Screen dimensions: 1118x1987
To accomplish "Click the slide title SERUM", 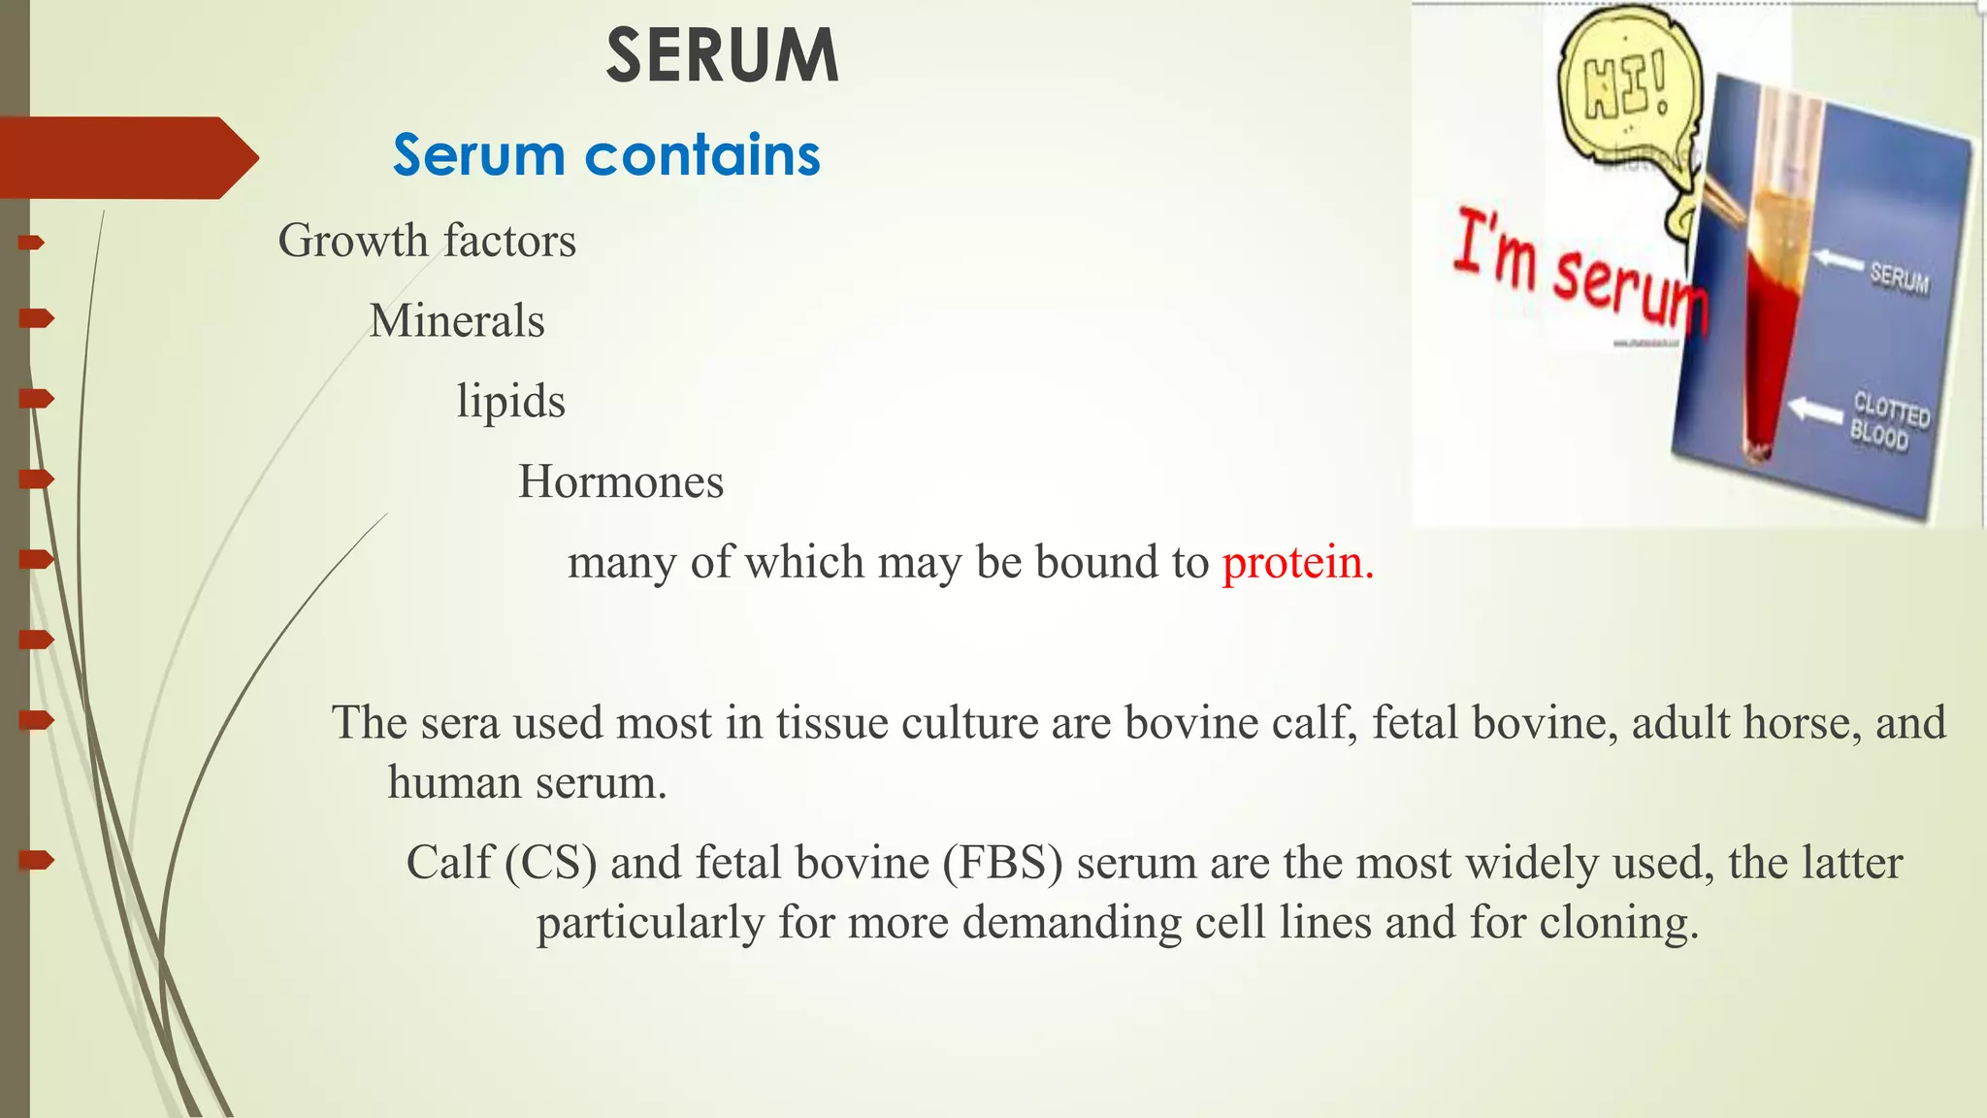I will pyautogui.click(x=722, y=56).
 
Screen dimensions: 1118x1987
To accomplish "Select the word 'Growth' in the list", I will pyautogui.click(x=353, y=241).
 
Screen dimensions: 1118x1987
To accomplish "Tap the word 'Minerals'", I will pyautogui.click(x=457, y=321).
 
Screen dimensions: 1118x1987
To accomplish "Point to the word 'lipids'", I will pyautogui.click(x=510, y=402).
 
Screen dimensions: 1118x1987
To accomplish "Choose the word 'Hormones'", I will pyautogui.click(x=621, y=481).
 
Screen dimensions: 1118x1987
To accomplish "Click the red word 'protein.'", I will pyautogui.click(x=1297, y=563).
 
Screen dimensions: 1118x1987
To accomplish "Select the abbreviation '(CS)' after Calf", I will pyautogui.click(x=550, y=863).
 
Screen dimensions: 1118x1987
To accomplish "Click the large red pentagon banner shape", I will pyautogui.click(x=126, y=158).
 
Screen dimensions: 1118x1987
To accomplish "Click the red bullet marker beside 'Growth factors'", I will pyautogui.click(x=33, y=242).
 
